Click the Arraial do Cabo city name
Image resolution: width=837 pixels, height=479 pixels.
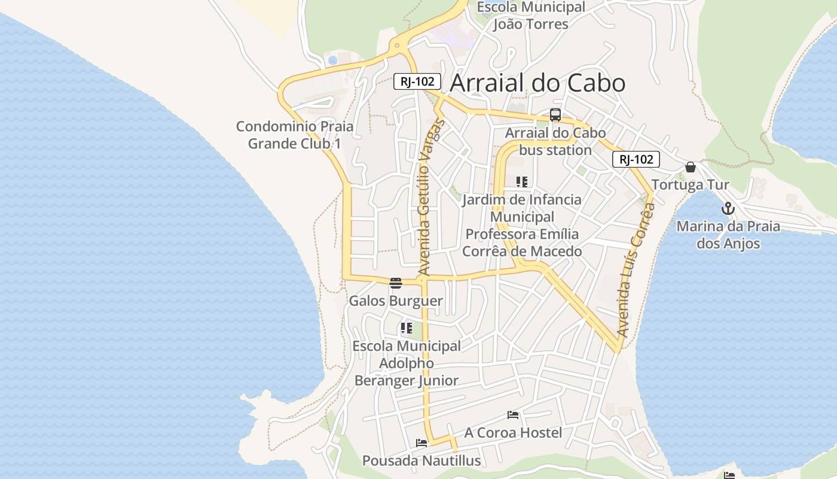(537, 83)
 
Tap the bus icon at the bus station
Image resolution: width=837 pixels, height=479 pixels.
(555, 115)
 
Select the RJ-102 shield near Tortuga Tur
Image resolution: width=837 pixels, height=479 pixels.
(636, 159)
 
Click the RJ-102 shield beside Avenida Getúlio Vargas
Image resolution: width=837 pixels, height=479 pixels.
(417, 81)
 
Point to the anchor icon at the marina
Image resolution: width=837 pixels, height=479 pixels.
(728, 208)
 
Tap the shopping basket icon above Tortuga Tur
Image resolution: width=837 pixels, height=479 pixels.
(691, 167)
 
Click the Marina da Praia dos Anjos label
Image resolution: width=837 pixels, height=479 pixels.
(728, 235)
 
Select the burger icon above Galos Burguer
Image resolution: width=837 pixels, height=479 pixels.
(395, 283)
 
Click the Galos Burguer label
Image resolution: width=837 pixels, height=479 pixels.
(396, 301)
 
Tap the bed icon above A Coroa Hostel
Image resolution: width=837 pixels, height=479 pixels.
(513, 414)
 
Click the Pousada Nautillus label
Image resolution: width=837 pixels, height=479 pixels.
(421, 460)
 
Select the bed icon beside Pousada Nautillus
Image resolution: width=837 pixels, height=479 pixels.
(421, 443)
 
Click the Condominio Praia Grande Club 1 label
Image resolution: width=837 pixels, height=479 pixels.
(295, 135)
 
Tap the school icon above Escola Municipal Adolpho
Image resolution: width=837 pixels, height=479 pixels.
(407, 328)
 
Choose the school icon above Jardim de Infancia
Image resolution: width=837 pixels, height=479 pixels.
(522, 181)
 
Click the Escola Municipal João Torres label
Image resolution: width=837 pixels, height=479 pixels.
(530, 16)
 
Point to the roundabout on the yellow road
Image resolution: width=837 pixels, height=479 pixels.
(396, 45)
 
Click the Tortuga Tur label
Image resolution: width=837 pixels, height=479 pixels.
(690, 184)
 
